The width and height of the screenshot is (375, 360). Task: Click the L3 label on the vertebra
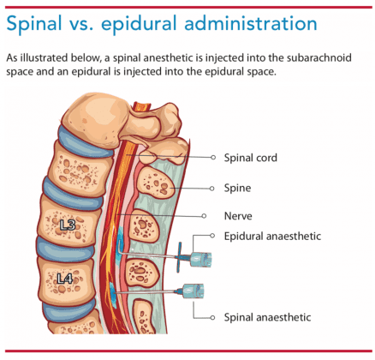tap(68, 225)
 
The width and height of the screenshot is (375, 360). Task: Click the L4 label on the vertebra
tap(65, 279)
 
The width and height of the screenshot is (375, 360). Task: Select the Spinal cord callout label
tap(250, 158)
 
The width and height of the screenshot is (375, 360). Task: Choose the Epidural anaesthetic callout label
tap(272, 236)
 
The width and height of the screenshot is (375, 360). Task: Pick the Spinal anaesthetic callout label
tap(267, 317)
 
